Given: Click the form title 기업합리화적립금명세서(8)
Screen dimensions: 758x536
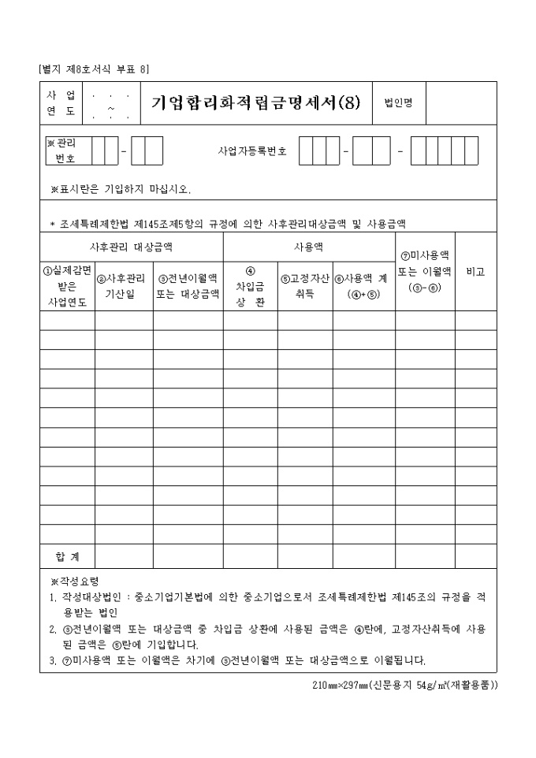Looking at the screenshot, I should [256, 102].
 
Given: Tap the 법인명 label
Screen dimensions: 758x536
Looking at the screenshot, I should [398, 103].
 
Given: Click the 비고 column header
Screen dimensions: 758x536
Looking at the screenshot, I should [475, 271].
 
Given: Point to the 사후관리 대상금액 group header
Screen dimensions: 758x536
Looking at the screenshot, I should [132, 246].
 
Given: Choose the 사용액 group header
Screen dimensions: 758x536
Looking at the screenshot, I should [309, 246].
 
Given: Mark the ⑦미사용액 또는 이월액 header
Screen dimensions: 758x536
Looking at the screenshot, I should [425, 271].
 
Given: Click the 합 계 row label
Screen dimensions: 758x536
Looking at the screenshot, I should [67, 556].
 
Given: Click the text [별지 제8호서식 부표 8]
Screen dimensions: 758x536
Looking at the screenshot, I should [94, 68].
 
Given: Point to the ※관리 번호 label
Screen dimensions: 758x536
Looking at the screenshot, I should [65, 150].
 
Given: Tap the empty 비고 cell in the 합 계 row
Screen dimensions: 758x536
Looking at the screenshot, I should [475, 556].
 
